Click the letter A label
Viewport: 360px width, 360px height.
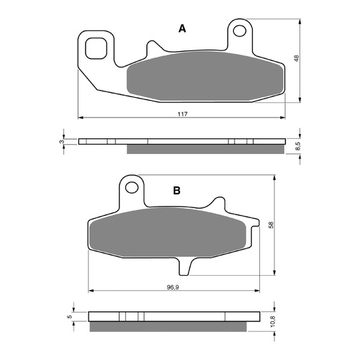coord(182,29)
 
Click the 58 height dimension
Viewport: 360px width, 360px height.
coord(271,225)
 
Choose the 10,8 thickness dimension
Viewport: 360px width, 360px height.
coord(271,322)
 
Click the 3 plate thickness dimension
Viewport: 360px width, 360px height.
coord(63,142)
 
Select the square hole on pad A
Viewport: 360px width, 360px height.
coord(94,48)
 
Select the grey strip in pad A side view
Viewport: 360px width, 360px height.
coord(205,149)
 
